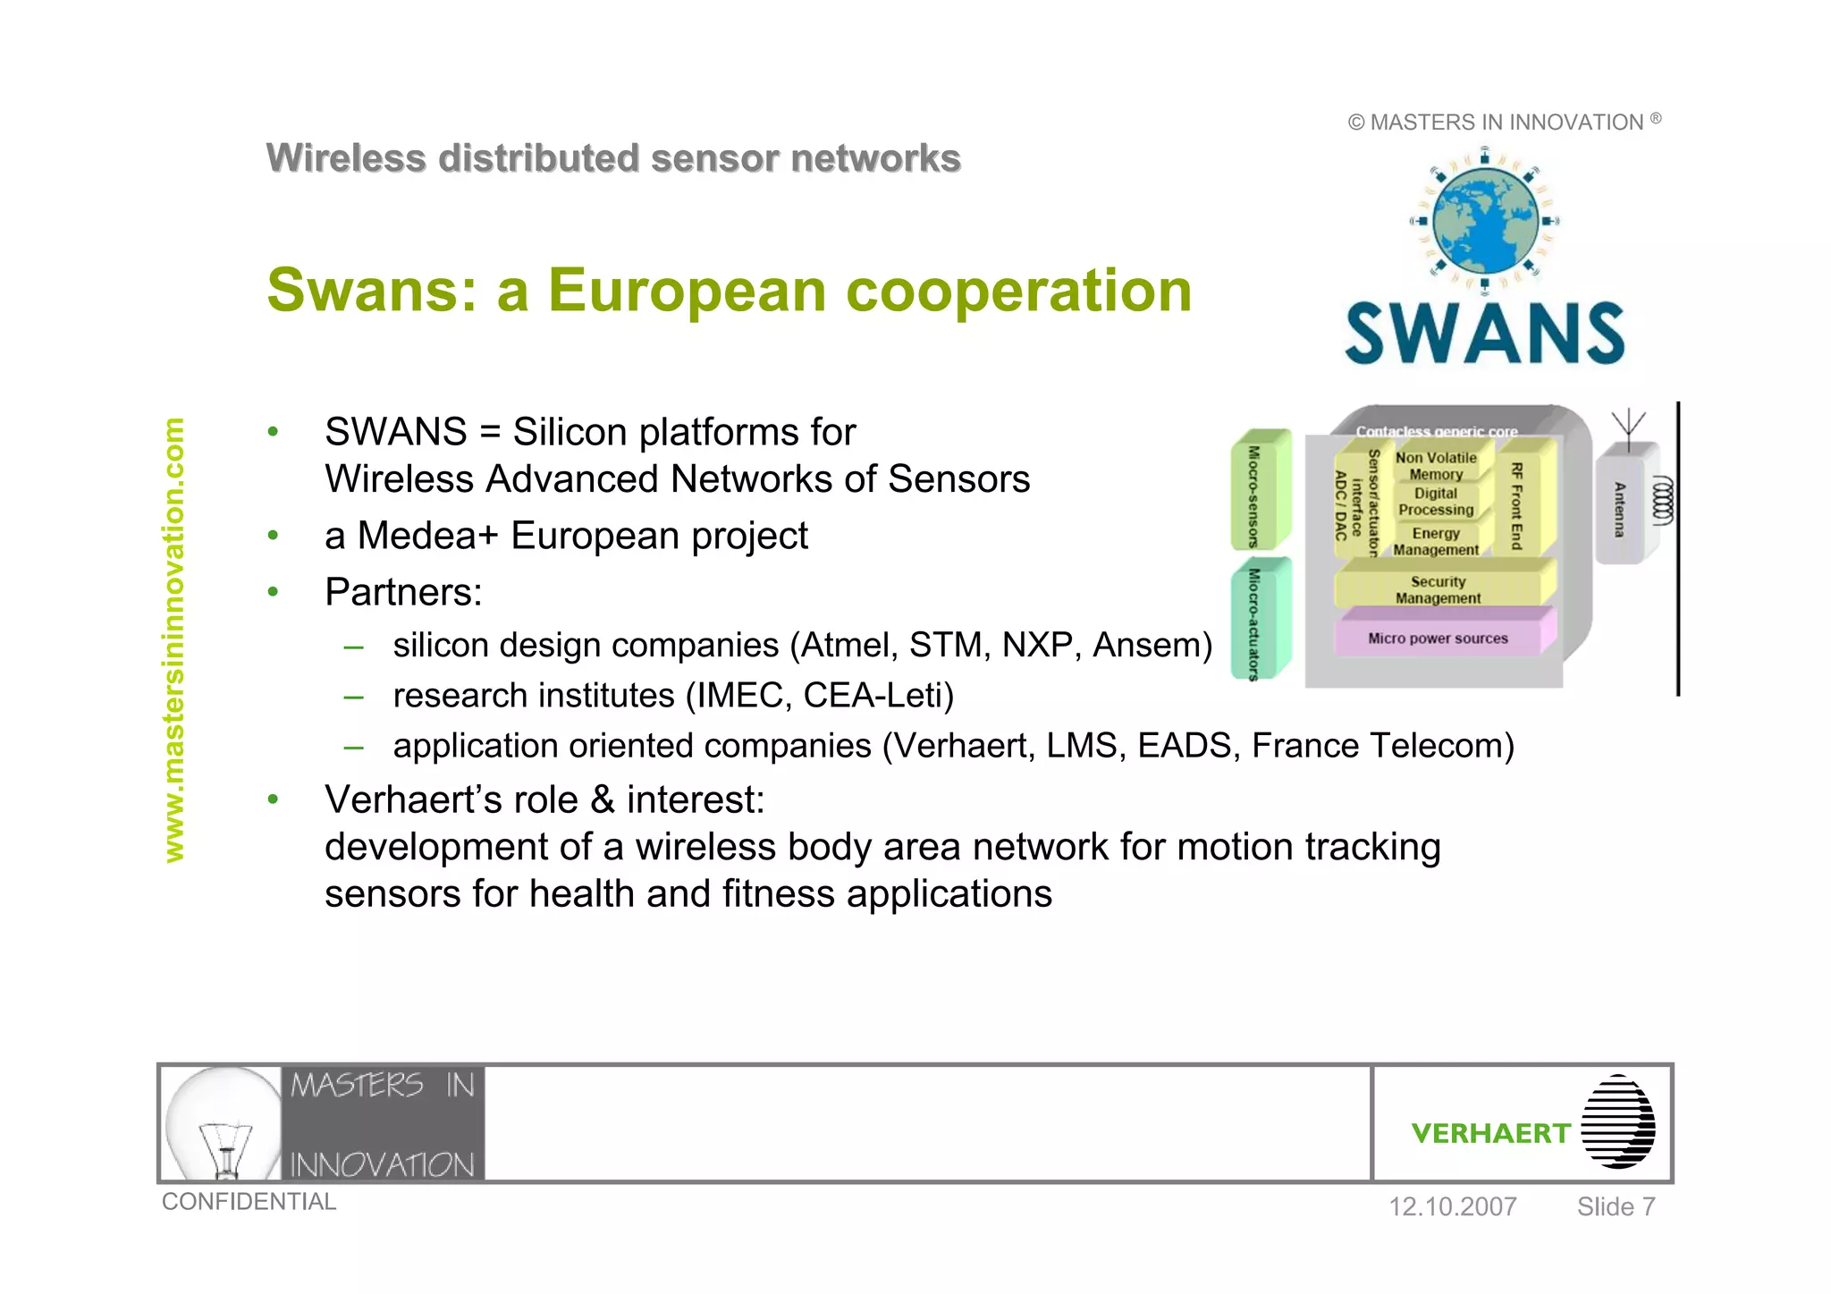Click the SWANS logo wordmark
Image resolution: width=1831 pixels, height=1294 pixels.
1484,334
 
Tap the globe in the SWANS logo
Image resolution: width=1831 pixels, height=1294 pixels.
1485,220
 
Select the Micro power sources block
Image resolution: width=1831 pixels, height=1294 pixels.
1438,639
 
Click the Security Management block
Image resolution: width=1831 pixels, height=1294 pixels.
1438,590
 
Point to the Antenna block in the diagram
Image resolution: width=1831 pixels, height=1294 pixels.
1619,510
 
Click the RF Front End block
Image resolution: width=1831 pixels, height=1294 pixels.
1516,505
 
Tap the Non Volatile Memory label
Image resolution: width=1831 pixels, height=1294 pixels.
1436,466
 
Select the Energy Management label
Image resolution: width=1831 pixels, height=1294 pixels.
1436,541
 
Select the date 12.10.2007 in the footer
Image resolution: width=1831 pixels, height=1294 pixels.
1452,1206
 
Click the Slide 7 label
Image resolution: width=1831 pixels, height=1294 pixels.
1616,1206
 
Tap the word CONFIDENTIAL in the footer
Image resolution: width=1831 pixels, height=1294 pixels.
249,1202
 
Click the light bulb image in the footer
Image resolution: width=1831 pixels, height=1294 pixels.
224,1123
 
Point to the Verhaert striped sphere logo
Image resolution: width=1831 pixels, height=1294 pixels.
1617,1121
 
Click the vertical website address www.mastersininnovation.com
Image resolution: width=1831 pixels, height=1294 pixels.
173,640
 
